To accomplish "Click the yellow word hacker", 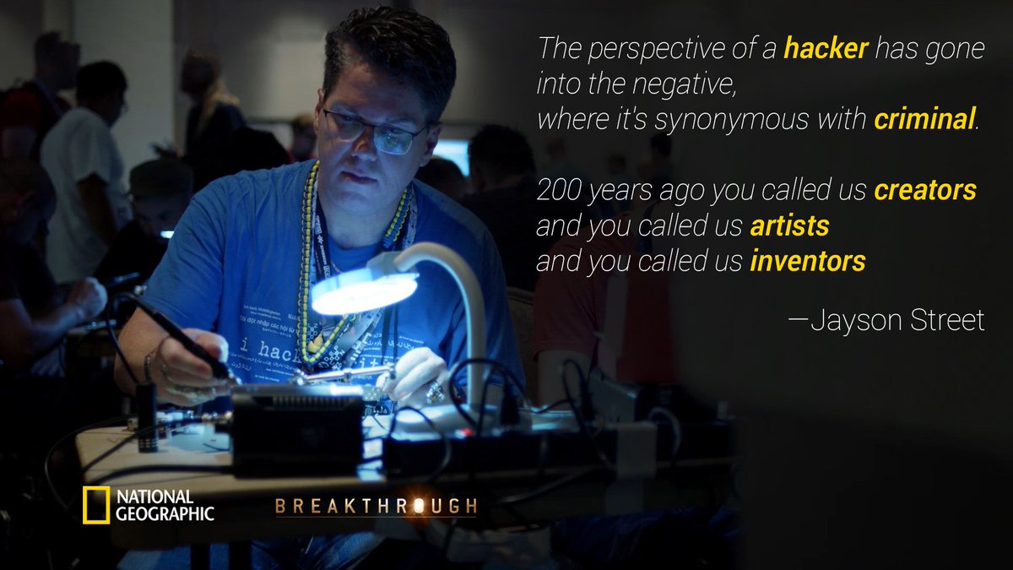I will point(826,50).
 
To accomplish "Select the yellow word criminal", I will point(924,121).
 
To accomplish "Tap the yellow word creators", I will point(924,191).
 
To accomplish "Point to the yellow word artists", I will point(789,226).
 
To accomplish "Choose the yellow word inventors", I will point(807,262).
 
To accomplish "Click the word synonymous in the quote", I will point(731,121).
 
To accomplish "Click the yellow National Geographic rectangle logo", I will point(95,505).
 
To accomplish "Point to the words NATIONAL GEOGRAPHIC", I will point(165,505).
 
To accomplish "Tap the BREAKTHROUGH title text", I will point(376,507).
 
